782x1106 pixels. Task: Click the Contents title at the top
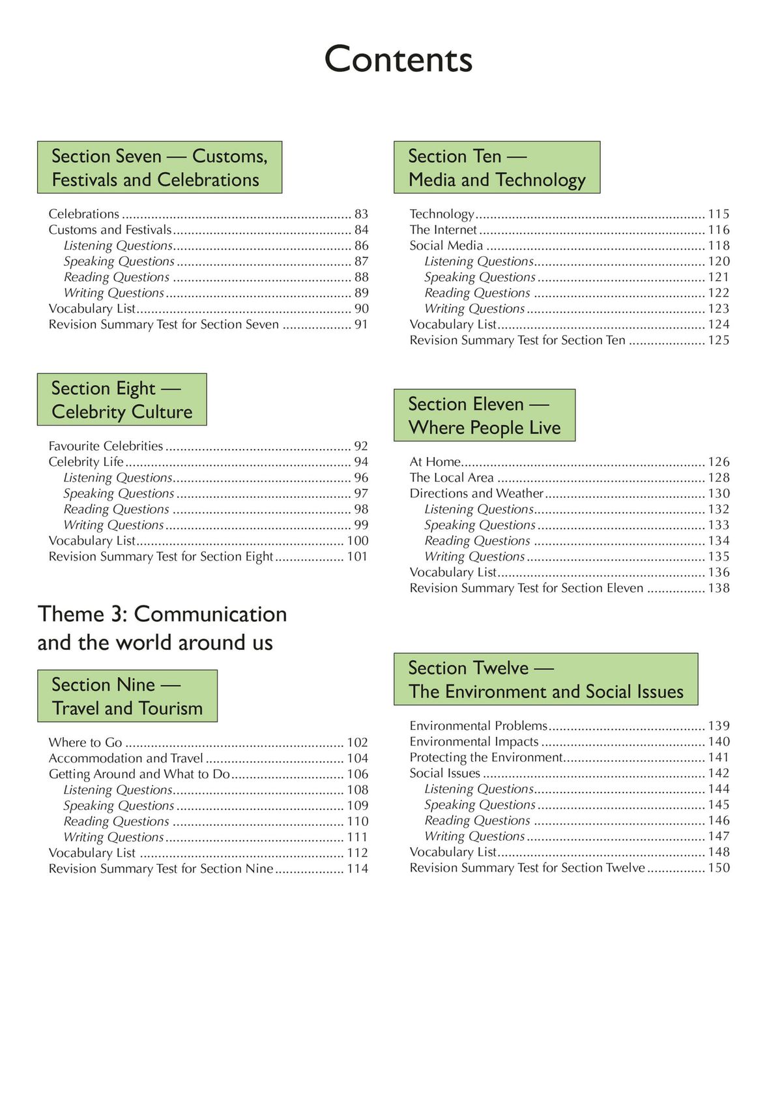point(398,59)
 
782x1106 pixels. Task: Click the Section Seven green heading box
point(160,167)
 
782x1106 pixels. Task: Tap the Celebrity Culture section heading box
point(122,400)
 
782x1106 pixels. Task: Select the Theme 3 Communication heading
point(162,628)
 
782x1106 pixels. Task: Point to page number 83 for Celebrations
point(361,214)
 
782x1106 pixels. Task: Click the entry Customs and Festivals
point(110,229)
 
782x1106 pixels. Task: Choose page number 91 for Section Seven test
point(361,325)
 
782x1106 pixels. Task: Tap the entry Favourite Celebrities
point(106,446)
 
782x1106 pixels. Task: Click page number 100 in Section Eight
point(357,540)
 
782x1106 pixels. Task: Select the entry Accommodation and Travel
point(126,758)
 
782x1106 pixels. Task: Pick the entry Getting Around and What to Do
point(139,774)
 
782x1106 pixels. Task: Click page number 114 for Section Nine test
point(357,868)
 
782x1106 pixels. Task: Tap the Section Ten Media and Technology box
point(497,167)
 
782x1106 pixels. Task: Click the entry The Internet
point(443,229)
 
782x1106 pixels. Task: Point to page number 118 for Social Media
point(719,245)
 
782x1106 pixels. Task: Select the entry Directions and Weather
point(476,493)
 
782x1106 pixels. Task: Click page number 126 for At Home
point(719,461)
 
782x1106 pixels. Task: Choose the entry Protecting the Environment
point(485,757)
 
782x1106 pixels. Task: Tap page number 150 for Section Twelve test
point(719,867)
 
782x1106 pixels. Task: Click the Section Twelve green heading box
point(545,679)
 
